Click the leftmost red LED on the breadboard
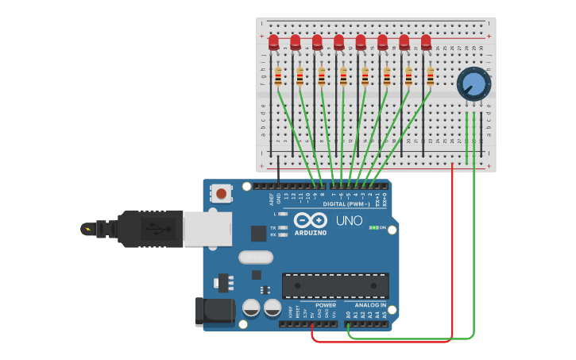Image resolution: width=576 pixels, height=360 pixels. [273, 41]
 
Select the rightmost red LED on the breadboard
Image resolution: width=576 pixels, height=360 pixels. [426, 41]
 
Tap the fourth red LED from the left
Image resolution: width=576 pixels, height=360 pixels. [339, 41]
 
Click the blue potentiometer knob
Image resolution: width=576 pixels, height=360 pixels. [474, 83]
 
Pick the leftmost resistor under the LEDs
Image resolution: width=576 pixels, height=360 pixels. [278, 76]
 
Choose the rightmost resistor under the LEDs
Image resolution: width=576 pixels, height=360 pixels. [430, 76]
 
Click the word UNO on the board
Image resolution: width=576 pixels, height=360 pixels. [350, 220]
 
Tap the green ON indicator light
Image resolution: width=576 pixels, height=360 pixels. [373, 228]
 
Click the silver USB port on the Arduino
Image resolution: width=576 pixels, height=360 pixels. [207, 228]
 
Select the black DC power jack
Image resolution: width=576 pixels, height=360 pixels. [215, 311]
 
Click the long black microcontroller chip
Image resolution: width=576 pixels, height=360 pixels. [335, 285]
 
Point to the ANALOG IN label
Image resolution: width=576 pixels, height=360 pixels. [370, 305]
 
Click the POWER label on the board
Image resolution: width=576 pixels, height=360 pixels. [326, 305]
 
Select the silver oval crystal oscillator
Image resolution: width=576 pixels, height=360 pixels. [255, 257]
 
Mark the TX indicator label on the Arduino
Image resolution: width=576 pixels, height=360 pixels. [273, 227]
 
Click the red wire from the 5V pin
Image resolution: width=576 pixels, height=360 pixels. [381, 342]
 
